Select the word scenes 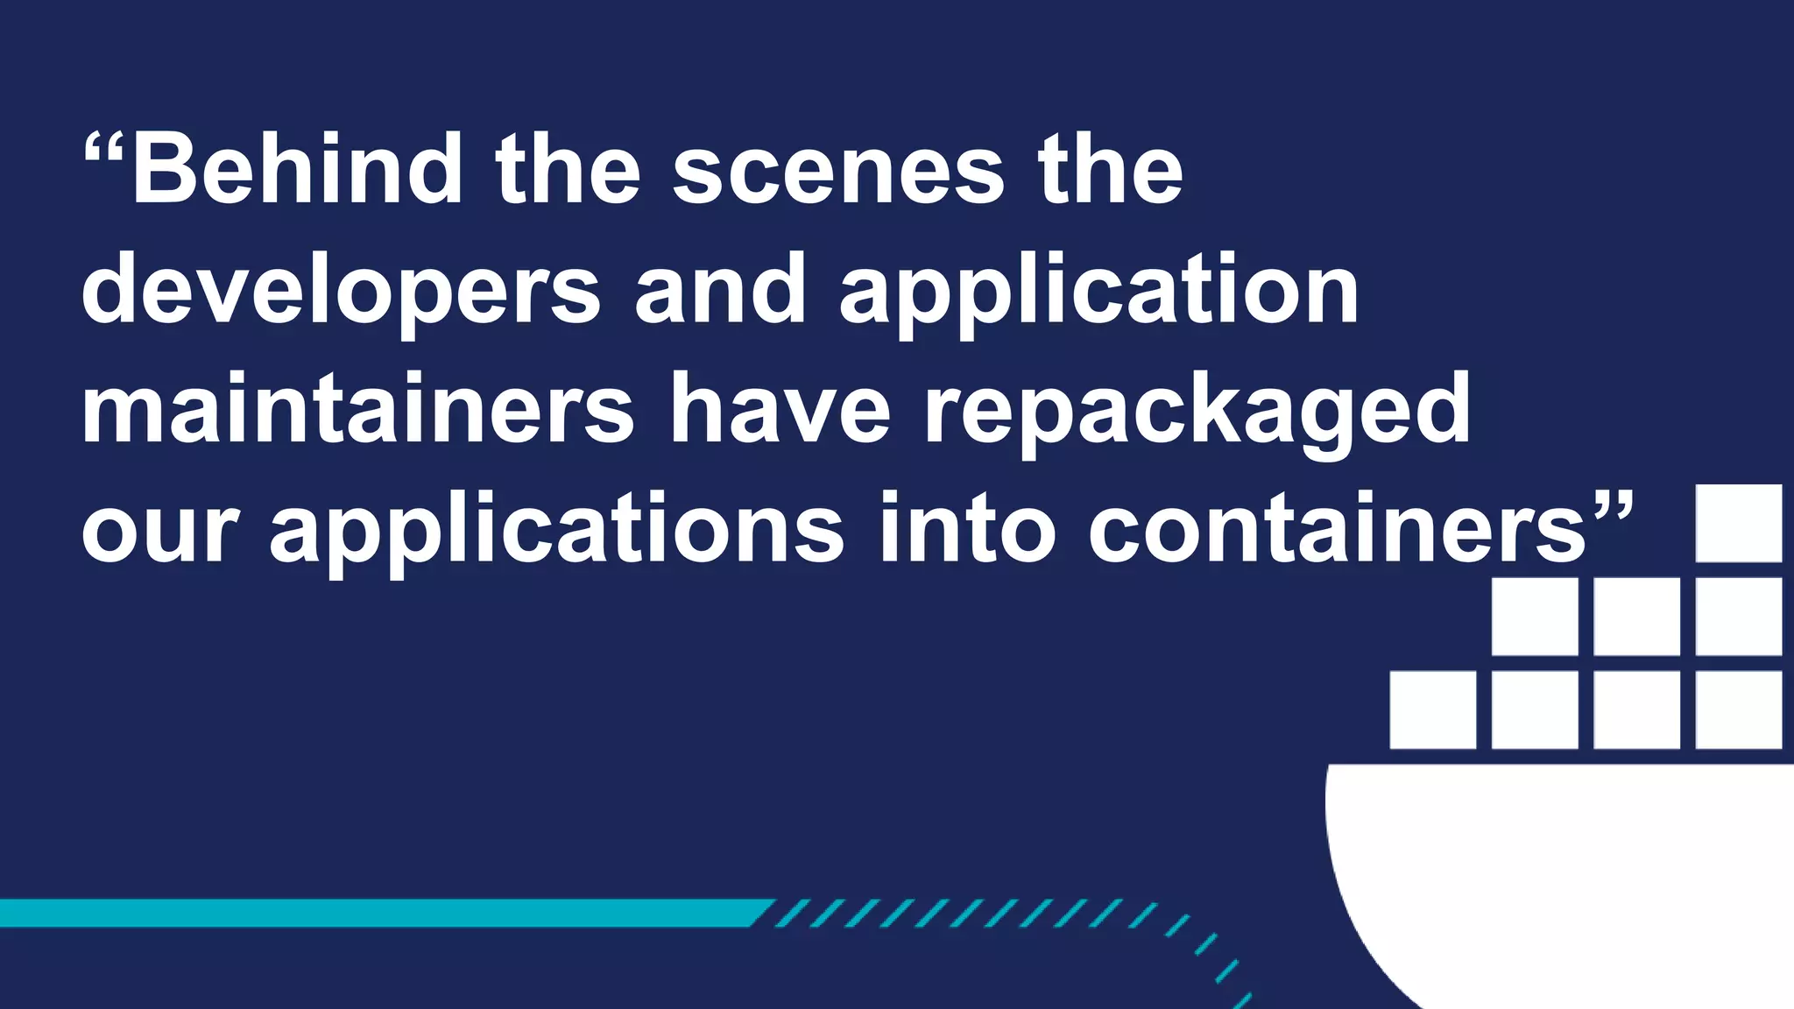[x=837, y=173]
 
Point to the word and [x=720, y=289]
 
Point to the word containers [x=1337, y=531]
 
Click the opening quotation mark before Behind [x=103, y=149]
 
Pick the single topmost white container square [x=1739, y=523]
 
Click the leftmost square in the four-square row [x=1433, y=710]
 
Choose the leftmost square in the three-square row [x=1535, y=617]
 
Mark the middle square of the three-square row [x=1636, y=617]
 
